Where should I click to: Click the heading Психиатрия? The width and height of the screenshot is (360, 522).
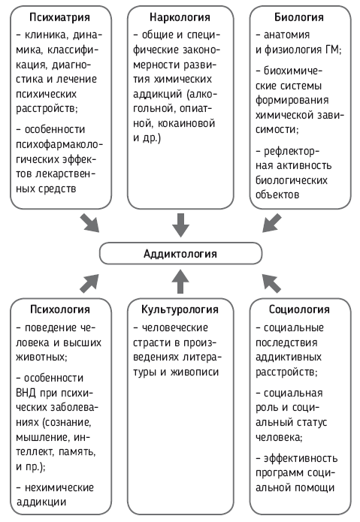(x=59, y=17)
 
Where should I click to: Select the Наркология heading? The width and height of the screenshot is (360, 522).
(x=180, y=17)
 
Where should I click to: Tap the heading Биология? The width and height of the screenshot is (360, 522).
(x=299, y=17)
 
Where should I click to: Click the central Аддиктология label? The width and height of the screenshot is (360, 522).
(x=180, y=254)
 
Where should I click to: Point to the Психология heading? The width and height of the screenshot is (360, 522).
(x=60, y=309)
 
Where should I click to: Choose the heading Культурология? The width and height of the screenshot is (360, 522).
(x=180, y=309)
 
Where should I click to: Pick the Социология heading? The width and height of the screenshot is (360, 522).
(x=299, y=309)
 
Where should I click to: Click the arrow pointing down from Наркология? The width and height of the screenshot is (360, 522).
(x=180, y=225)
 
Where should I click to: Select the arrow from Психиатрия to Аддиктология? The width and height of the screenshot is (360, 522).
(x=89, y=223)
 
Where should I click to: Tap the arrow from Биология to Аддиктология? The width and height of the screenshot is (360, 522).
(x=272, y=223)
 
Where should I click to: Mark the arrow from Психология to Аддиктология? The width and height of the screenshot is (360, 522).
(x=89, y=284)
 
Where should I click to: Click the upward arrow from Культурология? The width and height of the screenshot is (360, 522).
(x=180, y=282)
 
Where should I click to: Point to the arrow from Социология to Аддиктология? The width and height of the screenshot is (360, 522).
(x=272, y=284)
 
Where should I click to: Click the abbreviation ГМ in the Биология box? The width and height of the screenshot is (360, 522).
(x=332, y=50)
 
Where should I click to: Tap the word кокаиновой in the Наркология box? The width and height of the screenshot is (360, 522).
(x=186, y=123)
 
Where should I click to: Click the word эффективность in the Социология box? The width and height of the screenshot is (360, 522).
(x=301, y=458)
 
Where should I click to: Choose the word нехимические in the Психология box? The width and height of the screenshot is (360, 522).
(x=59, y=487)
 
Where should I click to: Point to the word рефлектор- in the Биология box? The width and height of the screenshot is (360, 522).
(x=292, y=152)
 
